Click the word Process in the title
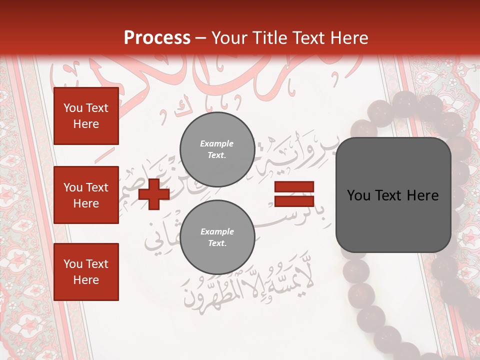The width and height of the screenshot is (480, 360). [x=157, y=37]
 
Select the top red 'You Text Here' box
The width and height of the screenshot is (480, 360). [x=86, y=116]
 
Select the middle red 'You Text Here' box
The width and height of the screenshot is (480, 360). [x=86, y=195]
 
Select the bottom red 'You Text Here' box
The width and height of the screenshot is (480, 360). [x=86, y=272]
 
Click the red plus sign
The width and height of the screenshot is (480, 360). [x=154, y=194]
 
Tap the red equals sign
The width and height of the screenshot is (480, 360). [x=294, y=194]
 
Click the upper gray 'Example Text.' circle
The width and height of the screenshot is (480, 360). [x=217, y=149]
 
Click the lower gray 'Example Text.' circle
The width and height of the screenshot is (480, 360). [x=217, y=237]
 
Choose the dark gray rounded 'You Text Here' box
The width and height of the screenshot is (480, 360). [x=393, y=195]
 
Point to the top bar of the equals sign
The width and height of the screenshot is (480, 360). [x=294, y=187]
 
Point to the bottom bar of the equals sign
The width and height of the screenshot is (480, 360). [x=294, y=201]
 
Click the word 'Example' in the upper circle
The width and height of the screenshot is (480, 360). [x=217, y=143]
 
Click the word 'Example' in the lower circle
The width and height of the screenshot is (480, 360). [x=217, y=231]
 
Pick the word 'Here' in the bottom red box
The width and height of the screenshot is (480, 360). [x=86, y=280]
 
